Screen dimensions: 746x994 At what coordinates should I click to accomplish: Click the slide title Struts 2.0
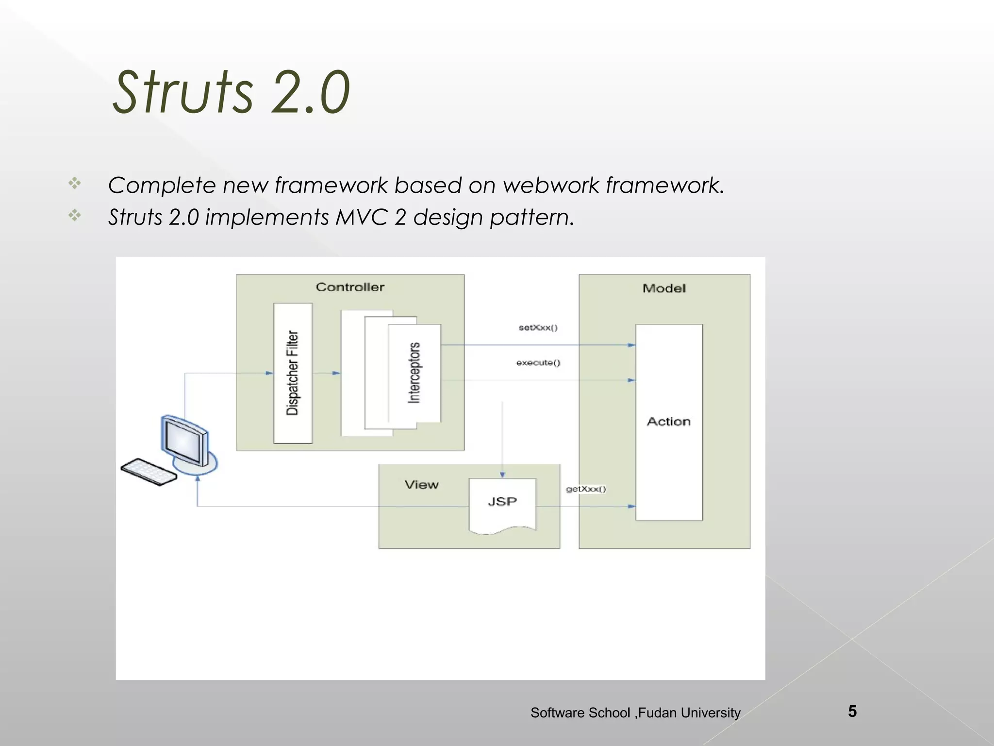(231, 92)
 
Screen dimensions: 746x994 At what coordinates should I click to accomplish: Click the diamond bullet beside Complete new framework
(75, 183)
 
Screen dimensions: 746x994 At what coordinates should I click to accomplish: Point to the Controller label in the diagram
(350, 287)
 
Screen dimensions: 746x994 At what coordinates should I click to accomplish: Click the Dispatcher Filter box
(293, 373)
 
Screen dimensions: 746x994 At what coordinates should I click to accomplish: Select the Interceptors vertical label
(414, 373)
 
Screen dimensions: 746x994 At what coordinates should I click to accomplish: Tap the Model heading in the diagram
(664, 288)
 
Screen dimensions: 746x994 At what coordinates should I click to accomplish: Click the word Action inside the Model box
(668, 422)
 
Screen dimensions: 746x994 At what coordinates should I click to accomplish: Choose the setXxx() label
(538, 328)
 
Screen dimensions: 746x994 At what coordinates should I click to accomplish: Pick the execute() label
(538, 363)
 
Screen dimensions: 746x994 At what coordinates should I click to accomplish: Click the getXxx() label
(586, 489)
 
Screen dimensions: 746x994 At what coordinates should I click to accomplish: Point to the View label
(421, 485)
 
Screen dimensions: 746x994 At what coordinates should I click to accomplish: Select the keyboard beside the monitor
(149, 472)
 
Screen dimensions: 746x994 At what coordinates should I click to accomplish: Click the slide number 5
(852, 712)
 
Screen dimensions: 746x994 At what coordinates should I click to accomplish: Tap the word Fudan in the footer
(657, 713)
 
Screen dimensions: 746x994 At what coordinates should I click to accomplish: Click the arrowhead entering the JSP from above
(502, 475)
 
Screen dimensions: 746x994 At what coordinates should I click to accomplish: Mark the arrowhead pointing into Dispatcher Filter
(270, 373)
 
